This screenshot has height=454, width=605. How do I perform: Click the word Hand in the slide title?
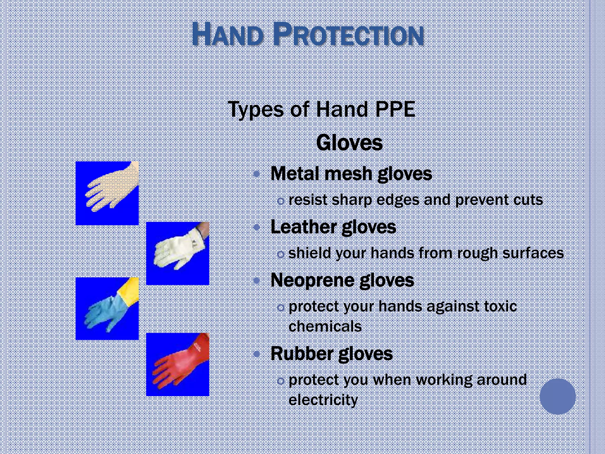click(227, 35)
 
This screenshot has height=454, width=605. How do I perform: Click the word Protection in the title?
click(349, 35)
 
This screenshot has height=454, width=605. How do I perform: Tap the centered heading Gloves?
click(349, 143)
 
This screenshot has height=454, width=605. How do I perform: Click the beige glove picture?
click(107, 193)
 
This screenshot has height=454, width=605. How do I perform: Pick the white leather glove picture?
click(178, 253)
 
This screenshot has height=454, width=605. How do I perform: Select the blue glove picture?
click(107, 309)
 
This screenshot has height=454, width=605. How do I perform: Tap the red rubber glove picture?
click(178, 364)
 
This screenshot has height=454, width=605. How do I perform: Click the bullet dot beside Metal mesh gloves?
click(257, 174)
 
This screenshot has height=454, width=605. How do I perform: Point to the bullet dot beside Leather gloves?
click(257, 227)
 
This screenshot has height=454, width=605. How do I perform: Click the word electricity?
click(323, 400)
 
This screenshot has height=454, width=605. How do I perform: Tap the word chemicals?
click(325, 326)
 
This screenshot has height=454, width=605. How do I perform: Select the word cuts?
click(528, 200)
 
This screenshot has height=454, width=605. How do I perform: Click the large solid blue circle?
click(557, 396)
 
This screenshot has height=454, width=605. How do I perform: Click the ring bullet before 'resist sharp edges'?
click(281, 201)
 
